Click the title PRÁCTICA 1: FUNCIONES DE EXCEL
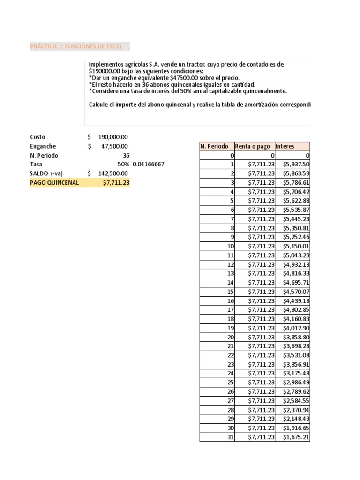(x=76, y=46)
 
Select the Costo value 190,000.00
(x=113, y=137)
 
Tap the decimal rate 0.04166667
(x=149, y=165)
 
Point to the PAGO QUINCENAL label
(x=54, y=182)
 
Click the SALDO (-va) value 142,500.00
(x=113, y=173)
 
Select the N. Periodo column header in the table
(x=214, y=146)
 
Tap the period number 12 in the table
(x=230, y=264)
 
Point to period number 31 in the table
(x=230, y=437)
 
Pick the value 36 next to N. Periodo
(x=126, y=155)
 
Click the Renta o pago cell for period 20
(x=261, y=337)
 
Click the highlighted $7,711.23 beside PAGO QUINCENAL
(x=116, y=182)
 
